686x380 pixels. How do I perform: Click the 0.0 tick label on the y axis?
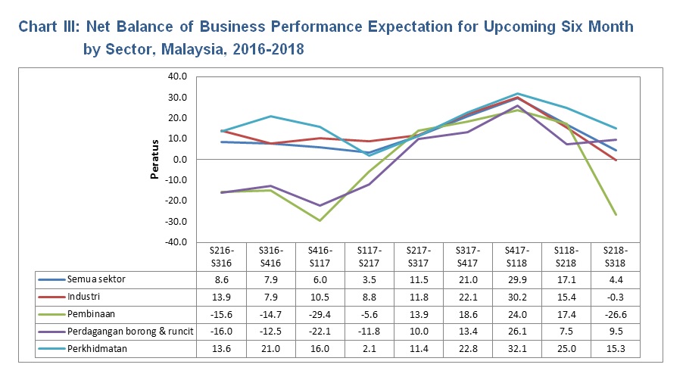pos(179,160)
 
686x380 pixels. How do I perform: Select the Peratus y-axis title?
pos(154,159)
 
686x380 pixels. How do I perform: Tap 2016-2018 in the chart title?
pos(268,50)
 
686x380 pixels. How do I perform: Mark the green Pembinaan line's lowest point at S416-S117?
pos(320,220)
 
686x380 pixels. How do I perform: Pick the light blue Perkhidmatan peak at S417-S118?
pos(517,93)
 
